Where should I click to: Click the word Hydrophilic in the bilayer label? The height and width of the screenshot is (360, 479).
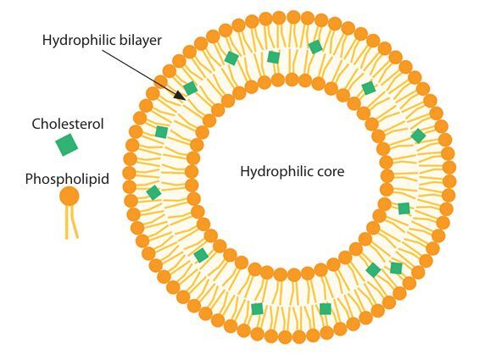coord(79,41)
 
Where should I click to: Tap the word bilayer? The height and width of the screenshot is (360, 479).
coord(140,41)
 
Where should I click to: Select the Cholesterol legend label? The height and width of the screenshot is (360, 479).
coord(68,124)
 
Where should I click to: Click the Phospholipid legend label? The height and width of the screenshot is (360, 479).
coord(67,179)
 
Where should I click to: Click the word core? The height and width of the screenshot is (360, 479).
coord(331,172)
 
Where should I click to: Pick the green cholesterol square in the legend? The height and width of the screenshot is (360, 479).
coord(67,145)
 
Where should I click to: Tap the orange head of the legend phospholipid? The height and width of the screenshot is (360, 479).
coord(70,197)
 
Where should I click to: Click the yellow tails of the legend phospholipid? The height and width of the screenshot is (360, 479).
coord(71,222)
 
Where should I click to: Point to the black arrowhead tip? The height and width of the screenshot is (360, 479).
coord(185,100)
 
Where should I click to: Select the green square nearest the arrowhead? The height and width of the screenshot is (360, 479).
coord(191,88)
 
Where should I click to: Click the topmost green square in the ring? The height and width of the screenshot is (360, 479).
coord(315,47)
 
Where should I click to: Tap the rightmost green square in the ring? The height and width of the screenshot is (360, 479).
coord(418,136)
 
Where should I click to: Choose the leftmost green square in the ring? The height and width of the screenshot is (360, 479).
coord(153,192)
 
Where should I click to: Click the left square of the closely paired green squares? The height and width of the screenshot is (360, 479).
coord(373,270)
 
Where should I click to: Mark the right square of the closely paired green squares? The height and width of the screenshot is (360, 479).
coord(396,268)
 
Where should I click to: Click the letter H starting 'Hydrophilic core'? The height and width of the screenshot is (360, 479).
coord(245,171)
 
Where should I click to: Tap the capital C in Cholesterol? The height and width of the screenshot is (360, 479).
coord(36,125)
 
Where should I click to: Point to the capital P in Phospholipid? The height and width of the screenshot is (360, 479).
coord(30,179)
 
